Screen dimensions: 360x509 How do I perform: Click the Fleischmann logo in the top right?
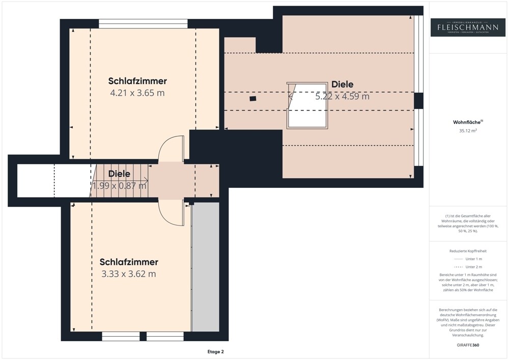click(x=468, y=27)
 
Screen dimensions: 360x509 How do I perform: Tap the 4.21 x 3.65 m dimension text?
click(x=137, y=93)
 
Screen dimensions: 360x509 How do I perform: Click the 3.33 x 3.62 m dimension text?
click(x=129, y=274)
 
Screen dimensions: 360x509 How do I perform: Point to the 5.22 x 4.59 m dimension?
click(x=342, y=96)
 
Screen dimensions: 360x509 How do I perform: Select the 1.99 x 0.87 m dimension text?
click(x=119, y=186)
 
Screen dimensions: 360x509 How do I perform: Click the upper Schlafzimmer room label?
click(x=137, y=81)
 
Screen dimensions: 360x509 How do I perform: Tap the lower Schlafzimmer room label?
click(x=129, y=262)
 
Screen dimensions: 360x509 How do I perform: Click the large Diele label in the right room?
click(x=342, y=85)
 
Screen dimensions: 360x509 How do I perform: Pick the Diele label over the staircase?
click(x=119, y=174)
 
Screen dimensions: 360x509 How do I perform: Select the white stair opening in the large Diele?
click(x=308, y=115)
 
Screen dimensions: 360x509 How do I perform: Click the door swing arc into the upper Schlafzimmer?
click(x=171, y=148)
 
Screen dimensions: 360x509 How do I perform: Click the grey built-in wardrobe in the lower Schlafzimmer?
click(x=206, y=267)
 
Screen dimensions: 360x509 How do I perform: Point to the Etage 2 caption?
click(x=215, y=352)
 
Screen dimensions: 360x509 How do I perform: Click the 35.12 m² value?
click(x=468, y=131)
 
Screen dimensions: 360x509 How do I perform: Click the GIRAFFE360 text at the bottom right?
click(x=468, y=345)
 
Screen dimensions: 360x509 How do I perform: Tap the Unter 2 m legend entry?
click(x=468, y=267)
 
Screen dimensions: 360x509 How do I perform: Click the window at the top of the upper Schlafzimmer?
click(x=143, y=23)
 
